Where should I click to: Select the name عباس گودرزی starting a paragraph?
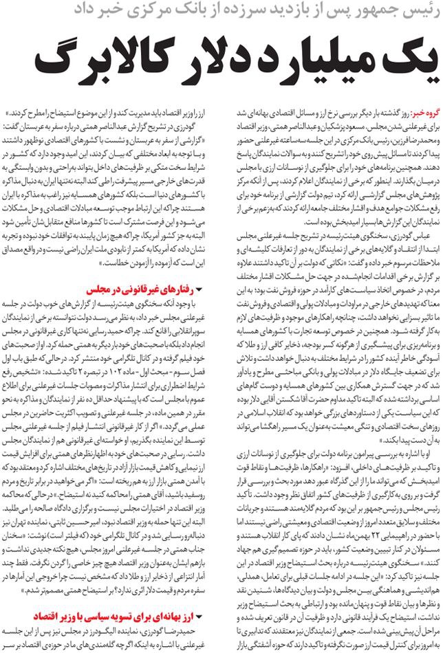[x=406, y=235]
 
